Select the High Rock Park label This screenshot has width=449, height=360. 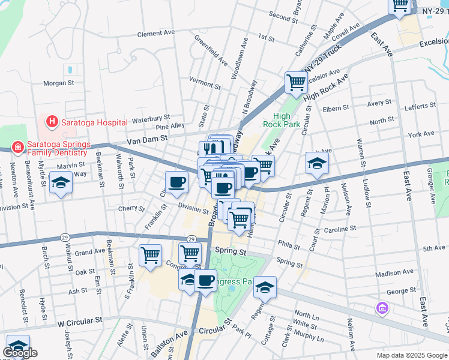tap(281, 121)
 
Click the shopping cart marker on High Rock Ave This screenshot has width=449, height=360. tap(295, 82)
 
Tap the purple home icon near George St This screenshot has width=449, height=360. tap(382, 308)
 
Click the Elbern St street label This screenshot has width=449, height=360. tap(336, 109)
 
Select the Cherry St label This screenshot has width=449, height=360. tap(127, 208)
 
